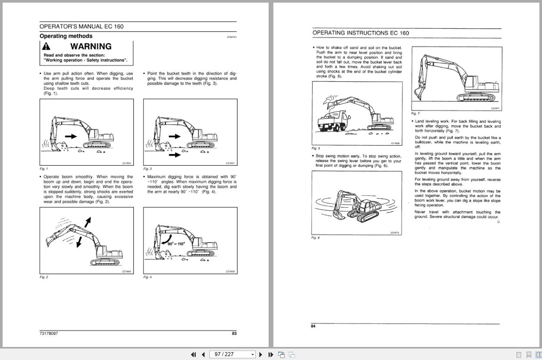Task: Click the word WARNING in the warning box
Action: (x=91, y=47)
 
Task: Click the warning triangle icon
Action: (x=46, y=47)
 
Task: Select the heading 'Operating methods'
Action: (x=66, y=36)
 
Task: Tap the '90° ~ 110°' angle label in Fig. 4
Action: (x=176, y=243)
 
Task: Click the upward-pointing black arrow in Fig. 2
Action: (x=88, y=222)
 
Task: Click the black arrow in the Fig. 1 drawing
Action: (x=70, y=137)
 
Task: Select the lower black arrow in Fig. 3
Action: (x=175, y=154)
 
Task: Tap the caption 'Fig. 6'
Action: (x=316, y=238)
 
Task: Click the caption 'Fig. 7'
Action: (x=416, y=113)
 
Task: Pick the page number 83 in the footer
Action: (x=234, y=333)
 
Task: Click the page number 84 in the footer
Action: (x=313, y=327)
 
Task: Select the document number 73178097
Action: (x=49, y=333)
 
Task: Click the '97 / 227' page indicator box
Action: (x=233, y=354)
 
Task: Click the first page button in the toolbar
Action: (x=193, y=354)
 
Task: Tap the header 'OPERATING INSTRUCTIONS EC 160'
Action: (x=361, y=33)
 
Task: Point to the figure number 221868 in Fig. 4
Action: (x=230, y=272)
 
